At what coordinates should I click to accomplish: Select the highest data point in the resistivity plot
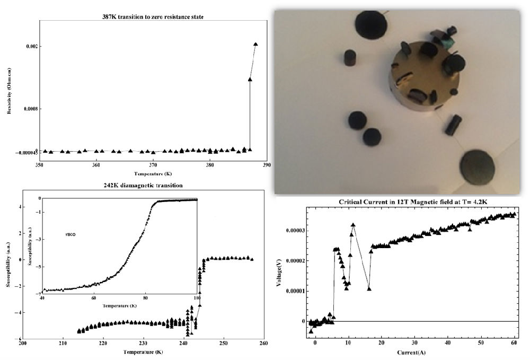pos(255,45)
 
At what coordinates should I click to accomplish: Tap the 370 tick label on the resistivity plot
pos(153,165)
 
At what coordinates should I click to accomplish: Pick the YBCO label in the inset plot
pos(69,234)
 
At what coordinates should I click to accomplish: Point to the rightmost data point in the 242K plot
pos(252,259)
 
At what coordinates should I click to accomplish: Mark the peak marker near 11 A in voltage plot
pos(353,225)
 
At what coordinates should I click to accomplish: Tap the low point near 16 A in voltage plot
pos(369,288)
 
